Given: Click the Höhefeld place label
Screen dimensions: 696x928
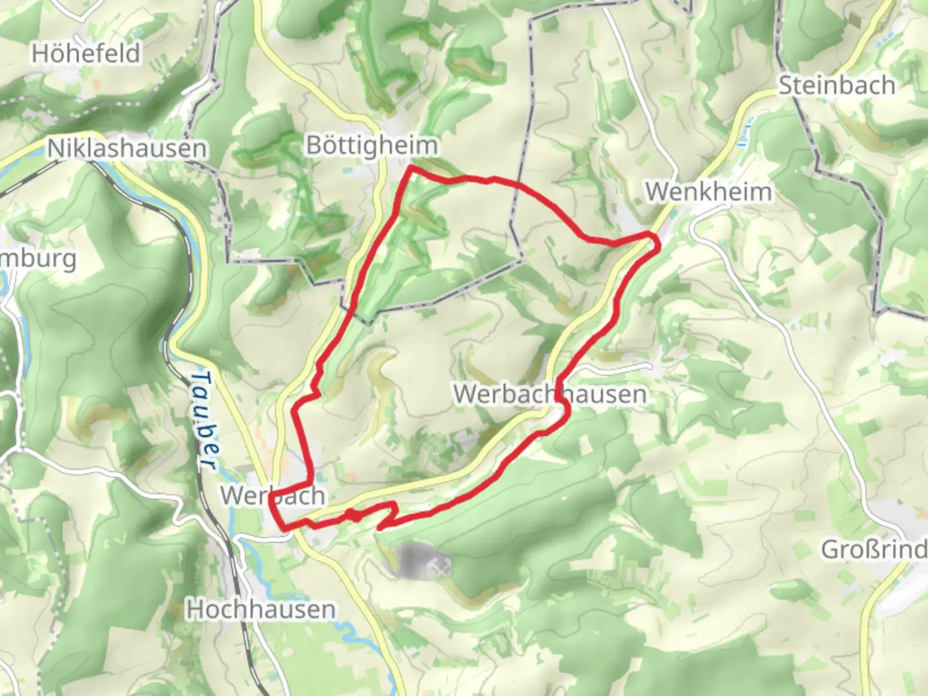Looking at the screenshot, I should point(86,53).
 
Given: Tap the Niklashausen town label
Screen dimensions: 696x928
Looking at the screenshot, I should point(127,149).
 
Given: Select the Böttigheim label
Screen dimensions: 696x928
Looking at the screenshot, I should point(372,146).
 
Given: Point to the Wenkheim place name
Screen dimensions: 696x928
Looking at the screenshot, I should point(708,191).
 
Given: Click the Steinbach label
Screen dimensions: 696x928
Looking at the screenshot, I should point(836,85).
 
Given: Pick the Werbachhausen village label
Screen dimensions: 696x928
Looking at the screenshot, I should point(550,394).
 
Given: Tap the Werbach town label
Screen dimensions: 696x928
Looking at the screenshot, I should point(272,496).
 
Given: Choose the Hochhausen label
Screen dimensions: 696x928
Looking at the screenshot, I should point(260,609).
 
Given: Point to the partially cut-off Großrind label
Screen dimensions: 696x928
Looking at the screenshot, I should point(873,550).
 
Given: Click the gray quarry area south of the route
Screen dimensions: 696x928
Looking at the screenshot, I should point(412,558).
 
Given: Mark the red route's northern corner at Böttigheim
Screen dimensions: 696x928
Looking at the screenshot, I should point(410,168).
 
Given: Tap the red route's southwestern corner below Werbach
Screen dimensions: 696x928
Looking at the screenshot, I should point(284,529).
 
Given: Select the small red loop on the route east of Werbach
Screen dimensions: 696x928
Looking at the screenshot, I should point(353,514).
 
